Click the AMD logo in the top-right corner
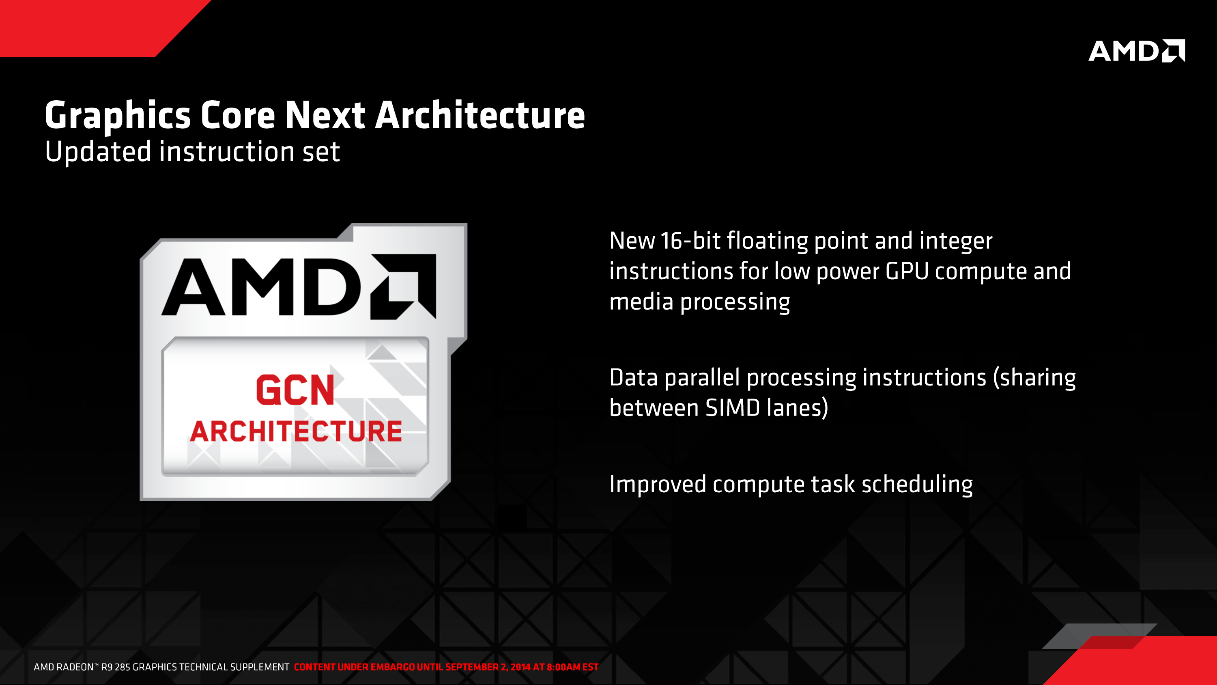pos(1137,51)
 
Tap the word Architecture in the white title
pos(480,115)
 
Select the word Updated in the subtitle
pos(98,153)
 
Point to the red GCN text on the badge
pos(295,390)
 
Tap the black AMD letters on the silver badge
pos(261,286)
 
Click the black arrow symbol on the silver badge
pos(403,286)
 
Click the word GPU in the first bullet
pos(907,271)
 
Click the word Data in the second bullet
pos(634,378)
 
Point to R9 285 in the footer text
pos(115,667)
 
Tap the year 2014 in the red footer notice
pos(520,667)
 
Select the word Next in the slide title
pos(325,115)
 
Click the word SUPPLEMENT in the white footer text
pos(259,667)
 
